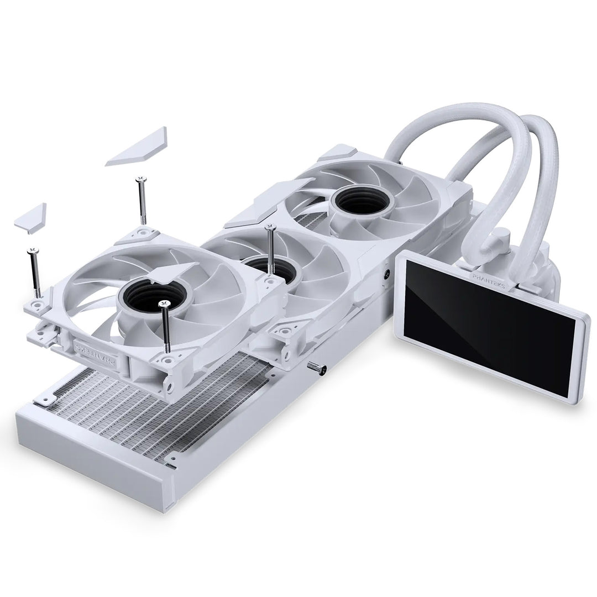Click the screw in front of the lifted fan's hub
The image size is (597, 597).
tap(165, 326)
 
